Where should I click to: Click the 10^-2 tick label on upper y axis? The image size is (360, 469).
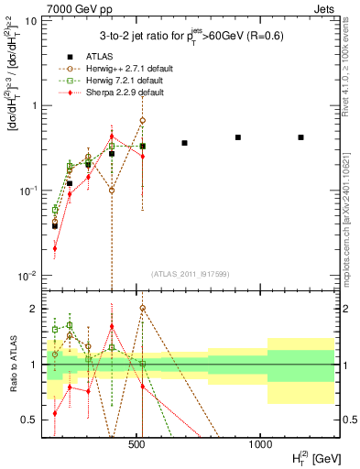click(x=28, y=276)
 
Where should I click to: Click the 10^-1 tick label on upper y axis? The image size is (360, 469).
click(x=28, y=191)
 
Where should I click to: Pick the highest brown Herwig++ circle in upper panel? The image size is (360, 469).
click(x=143, y=120)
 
